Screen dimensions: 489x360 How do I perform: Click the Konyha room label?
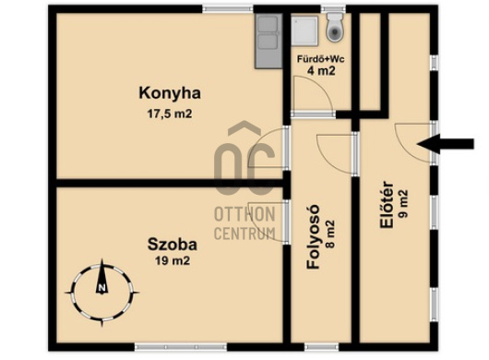click(x=170, y=93)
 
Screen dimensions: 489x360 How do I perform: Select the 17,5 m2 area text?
click(x=170, y=114)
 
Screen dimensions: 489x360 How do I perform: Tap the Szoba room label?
click(x=173, y=245)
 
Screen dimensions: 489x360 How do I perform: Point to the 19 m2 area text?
click(x=173, y=260)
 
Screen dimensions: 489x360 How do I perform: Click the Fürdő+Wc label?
click(x=321, y=59)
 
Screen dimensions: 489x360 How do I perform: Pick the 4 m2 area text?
click(x=321, y=71)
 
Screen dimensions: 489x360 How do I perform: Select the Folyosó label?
click(x=314, y=236)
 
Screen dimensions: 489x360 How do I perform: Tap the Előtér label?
click(x=387, y=204)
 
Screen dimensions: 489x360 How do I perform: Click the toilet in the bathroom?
click(x=335, y=27)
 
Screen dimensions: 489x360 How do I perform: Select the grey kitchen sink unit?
click(x=268, y=42)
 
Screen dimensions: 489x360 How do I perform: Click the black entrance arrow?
click(x=446, y=144)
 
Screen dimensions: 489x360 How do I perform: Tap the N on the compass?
click(x=101, y=288)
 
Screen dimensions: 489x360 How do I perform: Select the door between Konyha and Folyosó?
click(x=269, y=149)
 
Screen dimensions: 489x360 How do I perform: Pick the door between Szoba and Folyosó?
click(x=269, y=222)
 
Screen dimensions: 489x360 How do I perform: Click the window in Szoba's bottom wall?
click(x=181, y=346)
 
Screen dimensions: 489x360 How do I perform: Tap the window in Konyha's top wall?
click(x=228, y=8)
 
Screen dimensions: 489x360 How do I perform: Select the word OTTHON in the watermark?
click(x=244, y=214)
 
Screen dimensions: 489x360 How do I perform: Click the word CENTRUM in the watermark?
click(x=244, y=234)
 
